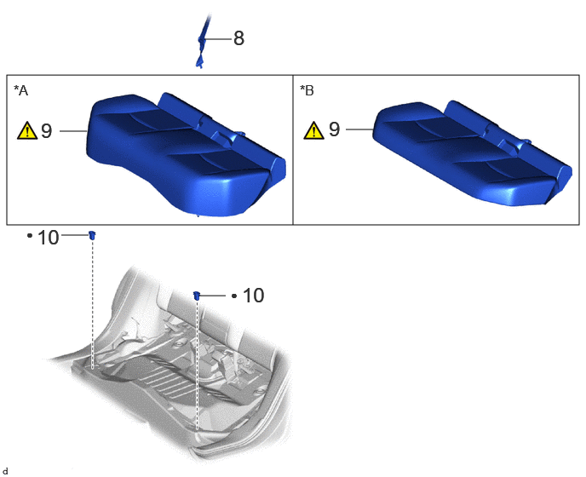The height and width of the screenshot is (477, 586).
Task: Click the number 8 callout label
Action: [x=238, y=38]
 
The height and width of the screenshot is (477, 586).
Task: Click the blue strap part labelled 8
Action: [x=202, y=41]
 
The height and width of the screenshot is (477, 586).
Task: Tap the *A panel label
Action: [x=21, y=90]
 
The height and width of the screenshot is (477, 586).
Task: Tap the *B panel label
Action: [x=307, y=90]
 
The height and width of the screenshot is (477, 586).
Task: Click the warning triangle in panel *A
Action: [x=27, y=131]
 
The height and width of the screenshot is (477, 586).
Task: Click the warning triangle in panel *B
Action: [x=313, y=130]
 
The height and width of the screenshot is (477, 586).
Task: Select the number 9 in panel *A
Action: [x=46, y=131]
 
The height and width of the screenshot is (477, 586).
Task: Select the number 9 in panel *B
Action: [x=334, y=129]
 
